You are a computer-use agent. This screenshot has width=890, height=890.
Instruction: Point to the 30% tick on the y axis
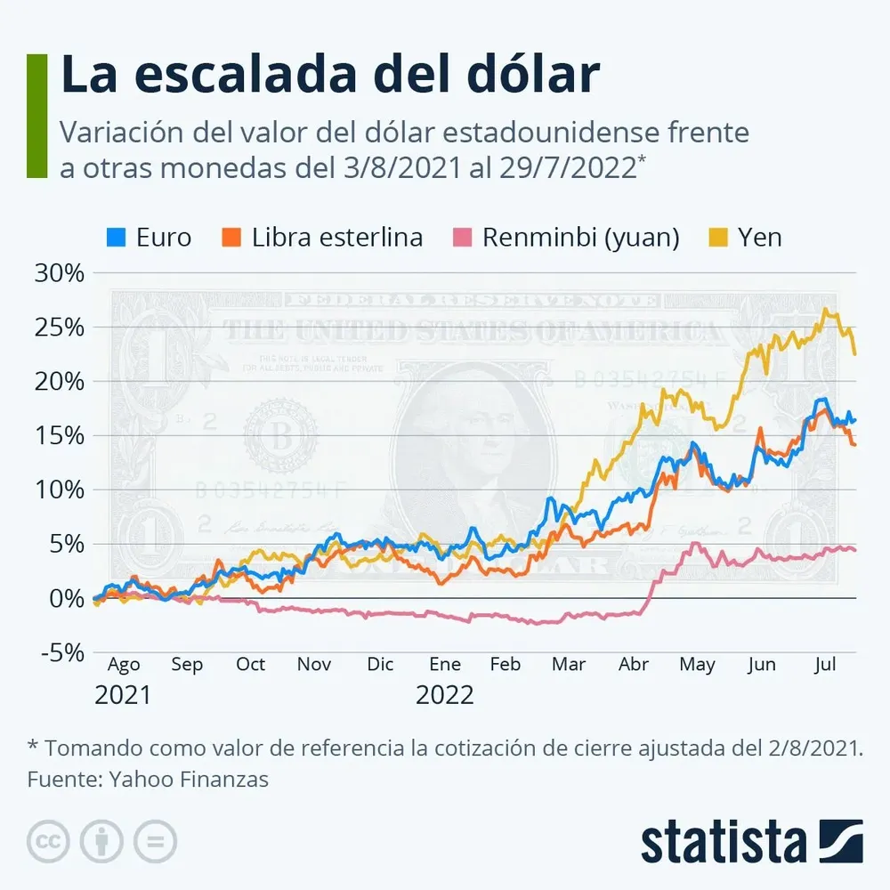pyautogui.click(x=59, y=273)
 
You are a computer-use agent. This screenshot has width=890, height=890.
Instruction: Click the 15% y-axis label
pyautogui.click(x=59, y=436)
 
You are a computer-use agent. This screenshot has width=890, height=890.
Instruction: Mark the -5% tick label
pyautogui.click(x=59, y=653)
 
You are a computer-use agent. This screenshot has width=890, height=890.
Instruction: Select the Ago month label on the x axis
pyautogui.click(x=124, y=665)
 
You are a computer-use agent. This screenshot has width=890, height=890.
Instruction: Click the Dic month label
pyautogui.click(x=380, y=665)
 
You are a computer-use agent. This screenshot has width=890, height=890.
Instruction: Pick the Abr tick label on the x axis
pyautogui.click(x=633, y=665)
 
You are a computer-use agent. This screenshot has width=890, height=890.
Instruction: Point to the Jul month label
pyautogui.click(x=825, y=665)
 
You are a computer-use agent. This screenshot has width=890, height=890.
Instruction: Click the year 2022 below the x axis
pyautogui.click(x=444, y=695)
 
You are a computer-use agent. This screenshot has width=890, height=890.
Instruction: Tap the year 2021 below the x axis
pyautogui.click(x=123, y=695)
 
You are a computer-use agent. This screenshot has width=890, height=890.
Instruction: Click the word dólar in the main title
pyautogui.click(x=521, y=76)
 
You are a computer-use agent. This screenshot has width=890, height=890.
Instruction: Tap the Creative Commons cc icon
pyautogui.click(x=48, y=841)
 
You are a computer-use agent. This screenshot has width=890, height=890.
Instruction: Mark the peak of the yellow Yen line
pyautogui.click(x=826, y=310)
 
